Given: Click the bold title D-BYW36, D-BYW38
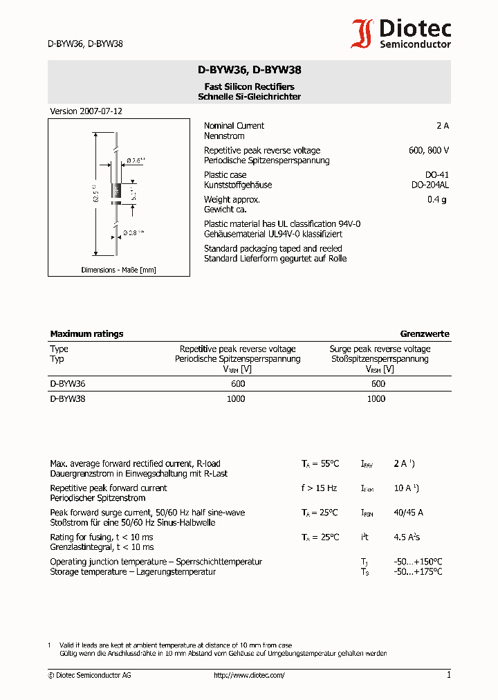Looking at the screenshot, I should tap(249, 70).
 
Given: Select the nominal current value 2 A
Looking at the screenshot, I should tap(442, 126).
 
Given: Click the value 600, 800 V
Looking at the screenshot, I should tap(429, 151).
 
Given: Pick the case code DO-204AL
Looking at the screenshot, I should tap(430, 185).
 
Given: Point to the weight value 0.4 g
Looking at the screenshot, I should tap(437, 200).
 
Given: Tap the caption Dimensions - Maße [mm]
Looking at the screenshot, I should tap(118, 270).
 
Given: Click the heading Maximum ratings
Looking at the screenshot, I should tap(86, 334).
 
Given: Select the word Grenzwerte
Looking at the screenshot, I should tap(425, 334).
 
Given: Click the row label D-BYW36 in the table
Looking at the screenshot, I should tap(67, 384).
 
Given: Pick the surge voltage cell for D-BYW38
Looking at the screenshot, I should tap(376, 399).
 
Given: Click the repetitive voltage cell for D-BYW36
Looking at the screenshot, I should tap(237, 384).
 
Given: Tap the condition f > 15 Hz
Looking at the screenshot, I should tap(319, 488).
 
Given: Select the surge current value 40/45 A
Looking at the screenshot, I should tap(408, 513).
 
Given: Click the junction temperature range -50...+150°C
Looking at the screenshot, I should tap(418, 562).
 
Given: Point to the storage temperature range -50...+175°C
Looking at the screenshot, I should tap(418, 572).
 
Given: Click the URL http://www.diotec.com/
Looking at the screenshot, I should tap(249, 675).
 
